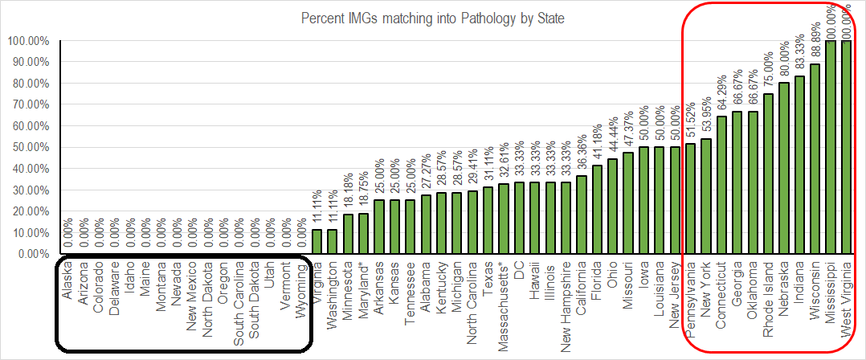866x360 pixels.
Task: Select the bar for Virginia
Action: point(317,242)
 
